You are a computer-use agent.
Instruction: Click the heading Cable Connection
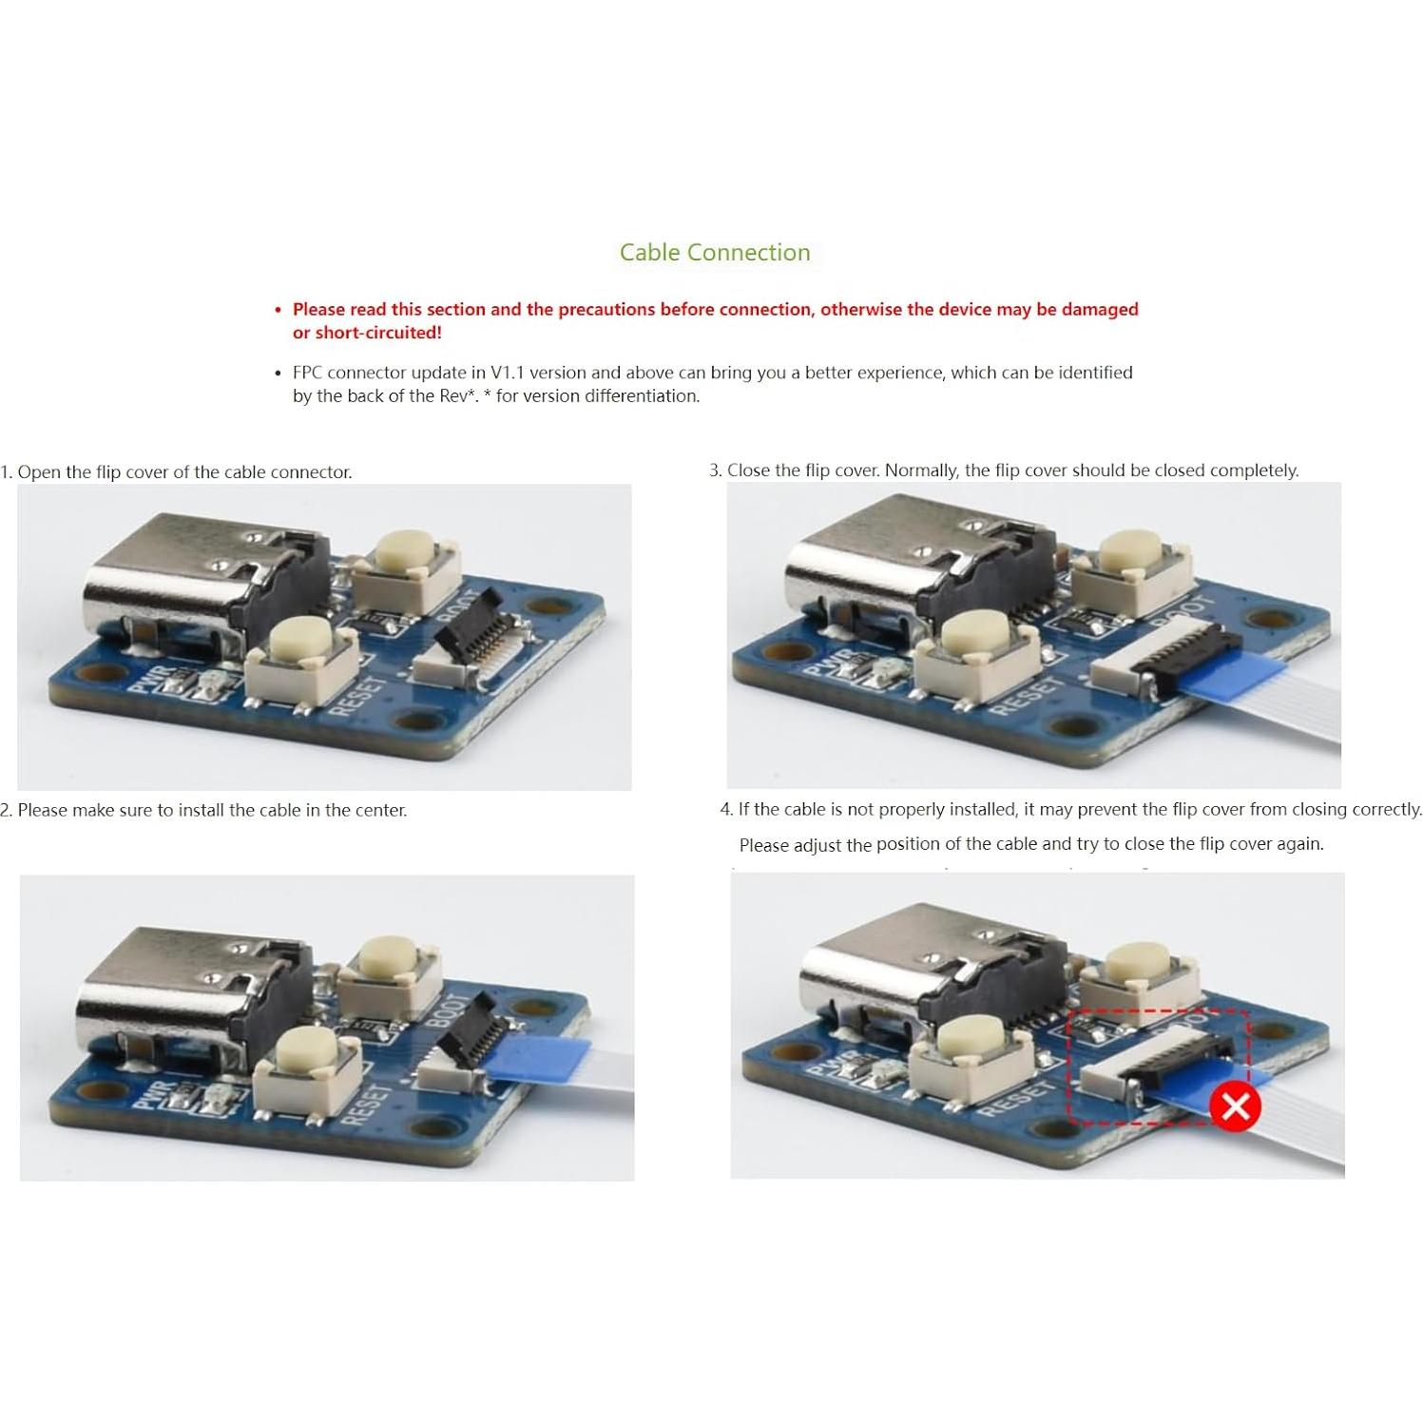(715, 252)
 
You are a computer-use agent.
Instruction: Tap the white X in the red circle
(1236, 1106)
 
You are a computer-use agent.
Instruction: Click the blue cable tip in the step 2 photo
(535, 1060)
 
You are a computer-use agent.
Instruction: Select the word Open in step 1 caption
(39, 472)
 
